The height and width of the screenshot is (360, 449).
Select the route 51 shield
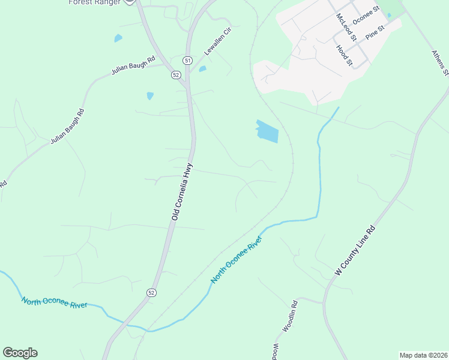click(187, 61)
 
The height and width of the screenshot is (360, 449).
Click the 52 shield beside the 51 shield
click(175, 75)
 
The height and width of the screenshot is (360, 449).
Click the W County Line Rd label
click(355, 251)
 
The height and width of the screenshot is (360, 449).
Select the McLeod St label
click(346, 27)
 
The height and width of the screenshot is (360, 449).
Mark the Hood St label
click(344, 55)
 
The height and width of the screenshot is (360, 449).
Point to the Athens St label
click(440, 62)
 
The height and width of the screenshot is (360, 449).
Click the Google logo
click(20, 353)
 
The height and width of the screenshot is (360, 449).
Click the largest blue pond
click(267, 132)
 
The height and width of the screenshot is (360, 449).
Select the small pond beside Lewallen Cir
click(203, 68)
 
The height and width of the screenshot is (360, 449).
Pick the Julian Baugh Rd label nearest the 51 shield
click(133, 65)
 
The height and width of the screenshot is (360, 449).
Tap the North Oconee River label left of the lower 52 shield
click(55, 302)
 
